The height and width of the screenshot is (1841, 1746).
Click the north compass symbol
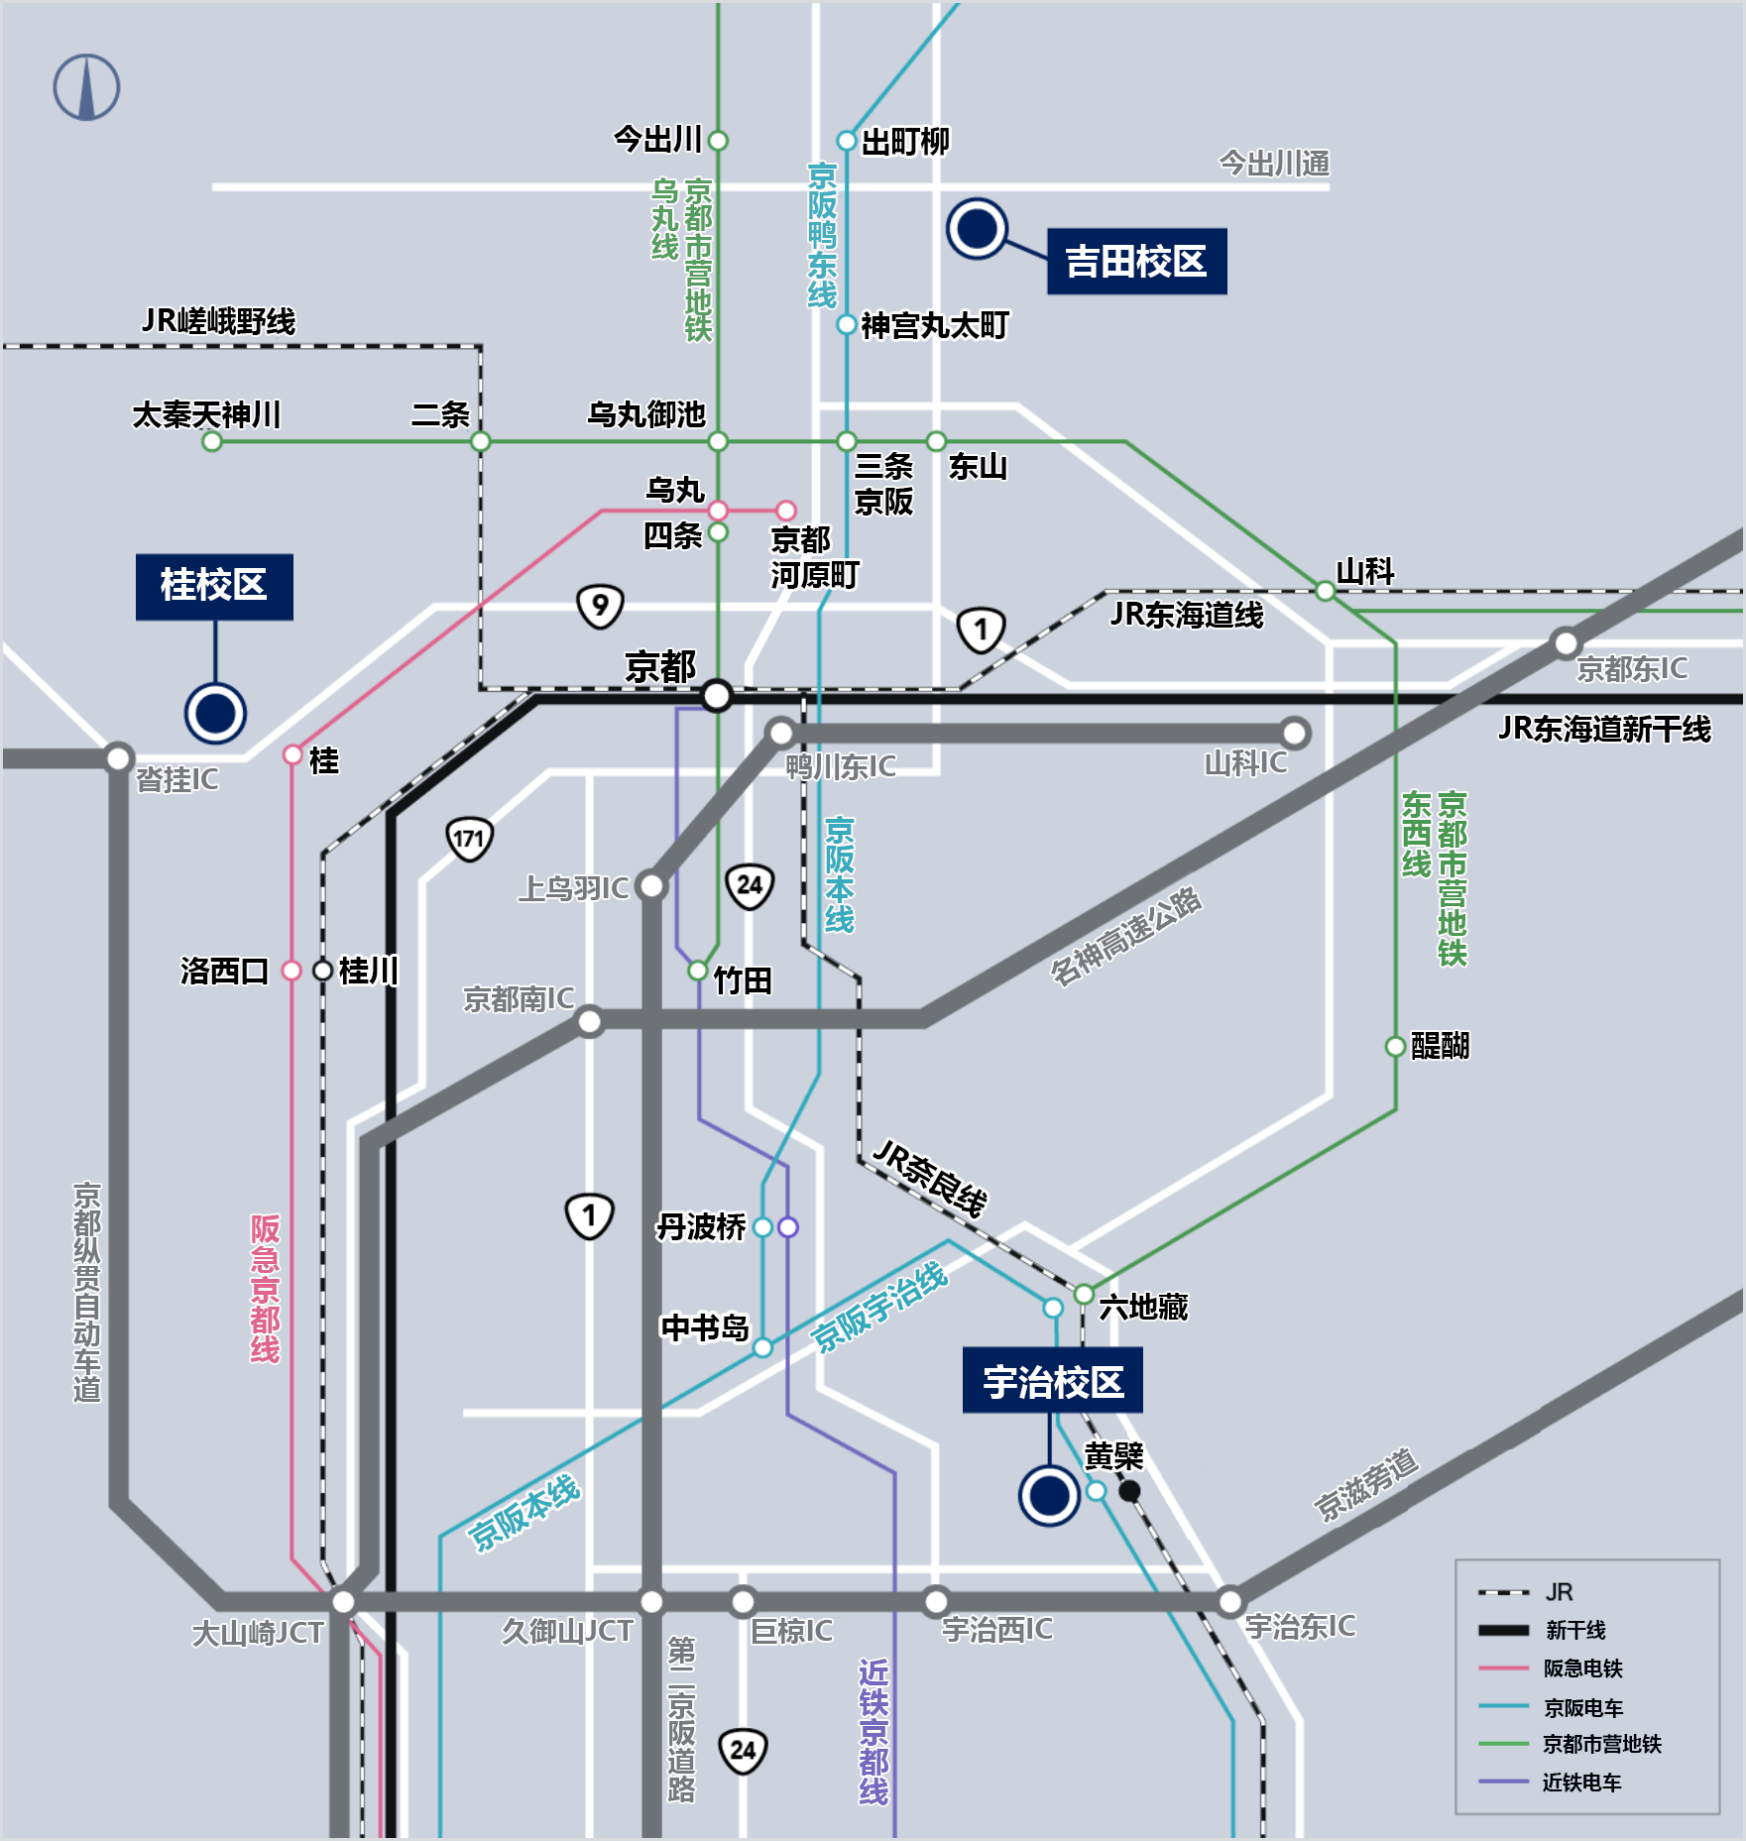coord(86,87)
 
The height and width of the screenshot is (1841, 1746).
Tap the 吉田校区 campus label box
coord(1136,262)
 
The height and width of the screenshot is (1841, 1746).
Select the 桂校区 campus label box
coord(214,586)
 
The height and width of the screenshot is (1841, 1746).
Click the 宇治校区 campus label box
coord(1052,1381)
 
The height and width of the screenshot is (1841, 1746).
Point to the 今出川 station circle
coord(719,141)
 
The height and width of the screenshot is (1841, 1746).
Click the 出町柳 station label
coord(905,142)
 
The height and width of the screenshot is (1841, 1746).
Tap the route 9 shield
coord(600,606)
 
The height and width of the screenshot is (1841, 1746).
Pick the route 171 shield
coord(469,839)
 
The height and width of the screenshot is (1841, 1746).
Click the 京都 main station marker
coord(716,696)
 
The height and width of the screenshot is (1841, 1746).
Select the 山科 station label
coord(1365,571)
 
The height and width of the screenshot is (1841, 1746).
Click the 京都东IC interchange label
coord(1632,669)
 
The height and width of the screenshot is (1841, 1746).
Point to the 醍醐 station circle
coord(1395,1046)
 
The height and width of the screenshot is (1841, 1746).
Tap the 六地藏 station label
coord(1143,1307)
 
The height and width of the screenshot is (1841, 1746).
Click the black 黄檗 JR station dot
coord(1129,1490)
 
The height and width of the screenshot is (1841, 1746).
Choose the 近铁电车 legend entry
coord(1580,1783)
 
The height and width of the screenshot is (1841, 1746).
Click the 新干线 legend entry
coord(1574,1630)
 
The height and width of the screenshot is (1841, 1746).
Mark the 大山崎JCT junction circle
coord(343,1601)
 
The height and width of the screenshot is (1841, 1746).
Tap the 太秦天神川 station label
coord(206,414)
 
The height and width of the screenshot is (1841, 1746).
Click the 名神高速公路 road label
coord(1125,936)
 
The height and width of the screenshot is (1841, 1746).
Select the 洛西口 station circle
coord(291,971)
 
